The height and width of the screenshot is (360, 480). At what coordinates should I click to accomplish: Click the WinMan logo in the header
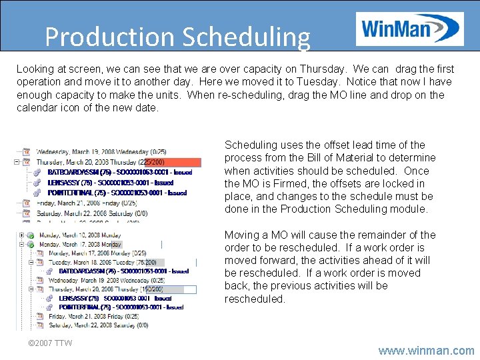click(x=409, y=29)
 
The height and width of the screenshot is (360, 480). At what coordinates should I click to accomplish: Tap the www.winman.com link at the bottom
click(x=426, y=350)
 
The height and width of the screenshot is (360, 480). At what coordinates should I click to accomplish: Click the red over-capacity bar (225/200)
click(x=172, y=162)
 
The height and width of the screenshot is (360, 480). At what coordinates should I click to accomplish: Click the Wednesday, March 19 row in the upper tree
click(x=100, y=152)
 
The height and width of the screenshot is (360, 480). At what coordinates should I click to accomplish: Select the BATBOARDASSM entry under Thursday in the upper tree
click(x=120, y=172)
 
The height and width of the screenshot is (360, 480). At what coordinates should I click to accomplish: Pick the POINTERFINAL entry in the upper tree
click(x=117, y=193)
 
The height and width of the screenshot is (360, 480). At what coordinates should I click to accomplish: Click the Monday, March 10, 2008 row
click(x=80, y=235)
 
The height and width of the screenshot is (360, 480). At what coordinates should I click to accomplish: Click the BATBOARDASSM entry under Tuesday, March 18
click(x=123, y=271)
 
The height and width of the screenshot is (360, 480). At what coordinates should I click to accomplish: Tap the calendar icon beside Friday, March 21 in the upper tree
click(x=27, y=203)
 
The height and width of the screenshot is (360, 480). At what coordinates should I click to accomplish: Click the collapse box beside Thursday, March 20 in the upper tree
click(x=16, y=162)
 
